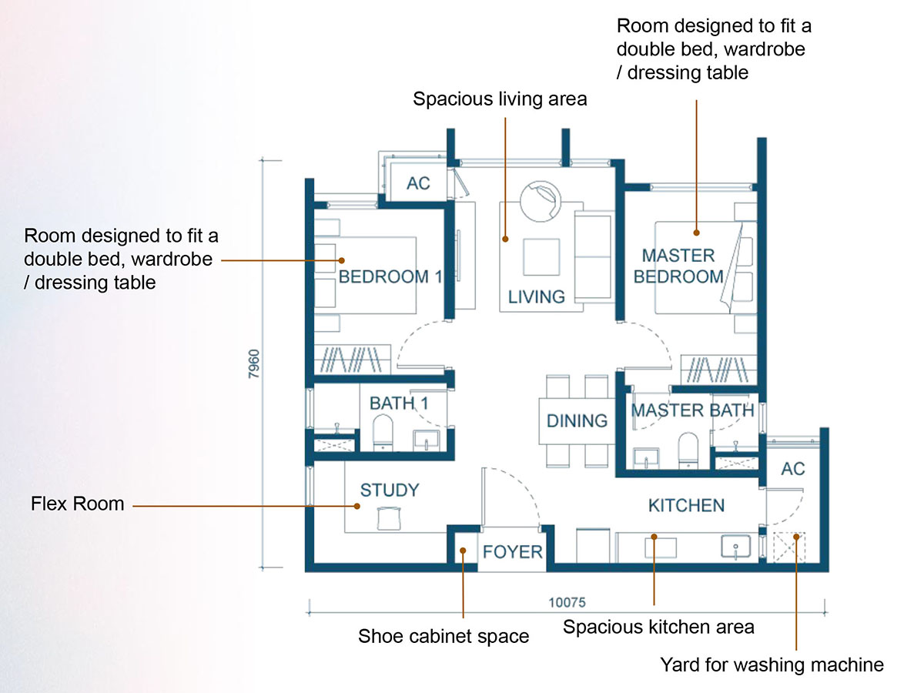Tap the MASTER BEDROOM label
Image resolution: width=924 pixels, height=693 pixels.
678,266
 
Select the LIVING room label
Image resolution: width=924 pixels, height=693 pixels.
537,296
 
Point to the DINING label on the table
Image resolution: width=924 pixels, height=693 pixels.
577,420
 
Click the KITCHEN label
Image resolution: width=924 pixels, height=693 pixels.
686,505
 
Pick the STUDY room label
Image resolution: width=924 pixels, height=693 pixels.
390,490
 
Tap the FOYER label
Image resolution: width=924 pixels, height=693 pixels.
513,552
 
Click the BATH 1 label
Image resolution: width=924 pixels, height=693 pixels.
399,403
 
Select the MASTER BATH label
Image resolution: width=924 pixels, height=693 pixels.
692,410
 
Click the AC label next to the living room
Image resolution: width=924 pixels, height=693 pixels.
418,184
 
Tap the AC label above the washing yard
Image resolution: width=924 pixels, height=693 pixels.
793,469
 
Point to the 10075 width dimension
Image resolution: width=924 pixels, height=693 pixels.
569,602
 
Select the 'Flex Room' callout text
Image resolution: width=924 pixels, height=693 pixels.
77,504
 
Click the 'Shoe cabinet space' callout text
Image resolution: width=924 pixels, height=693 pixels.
444,636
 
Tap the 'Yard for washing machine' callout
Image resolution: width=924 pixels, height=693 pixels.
772,664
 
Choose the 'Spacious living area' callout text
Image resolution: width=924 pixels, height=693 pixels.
500,99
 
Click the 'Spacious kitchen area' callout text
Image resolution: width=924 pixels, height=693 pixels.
658,627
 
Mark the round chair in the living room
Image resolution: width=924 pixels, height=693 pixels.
542,203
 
